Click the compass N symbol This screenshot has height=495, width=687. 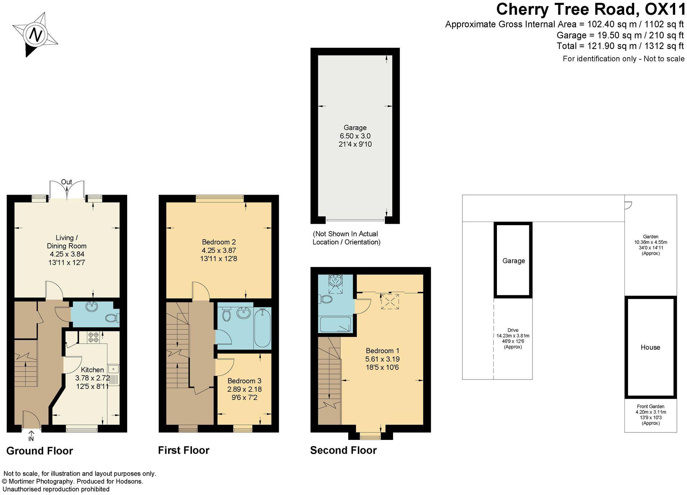pyautogui.click(x=36, y=35)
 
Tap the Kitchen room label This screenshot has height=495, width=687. pyautogui.click(x=92, y=370)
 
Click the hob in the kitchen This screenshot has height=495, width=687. pyautogui.click(x=93, y=337)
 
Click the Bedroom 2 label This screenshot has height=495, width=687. pyautogui.click(x=218, y=242)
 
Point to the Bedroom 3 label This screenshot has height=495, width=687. pyautogui.click(x=244, y=381)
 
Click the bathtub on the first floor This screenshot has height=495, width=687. pyautogui.click(x=262, y=328)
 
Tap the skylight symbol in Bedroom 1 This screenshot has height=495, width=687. pyautogui.click(x=390, y=301)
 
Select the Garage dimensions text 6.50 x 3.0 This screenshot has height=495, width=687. pyautogui.click(x=355, y=136)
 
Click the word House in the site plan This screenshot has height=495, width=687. pyautogui.click(x=650, y=348)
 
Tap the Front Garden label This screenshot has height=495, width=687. pyautogui.click(x=650, y=407)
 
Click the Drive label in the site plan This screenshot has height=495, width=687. pyautogui.click(x=513, y=330)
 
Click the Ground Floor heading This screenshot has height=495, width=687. pyautogui.click(x=40, y=451)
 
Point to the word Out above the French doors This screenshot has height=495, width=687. pyautogui.click(x=66, y=182)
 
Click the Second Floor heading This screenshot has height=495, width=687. pyautogui.click(x=343, y=450)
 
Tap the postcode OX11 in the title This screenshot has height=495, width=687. pyautogui.click(x=665, y=9)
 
